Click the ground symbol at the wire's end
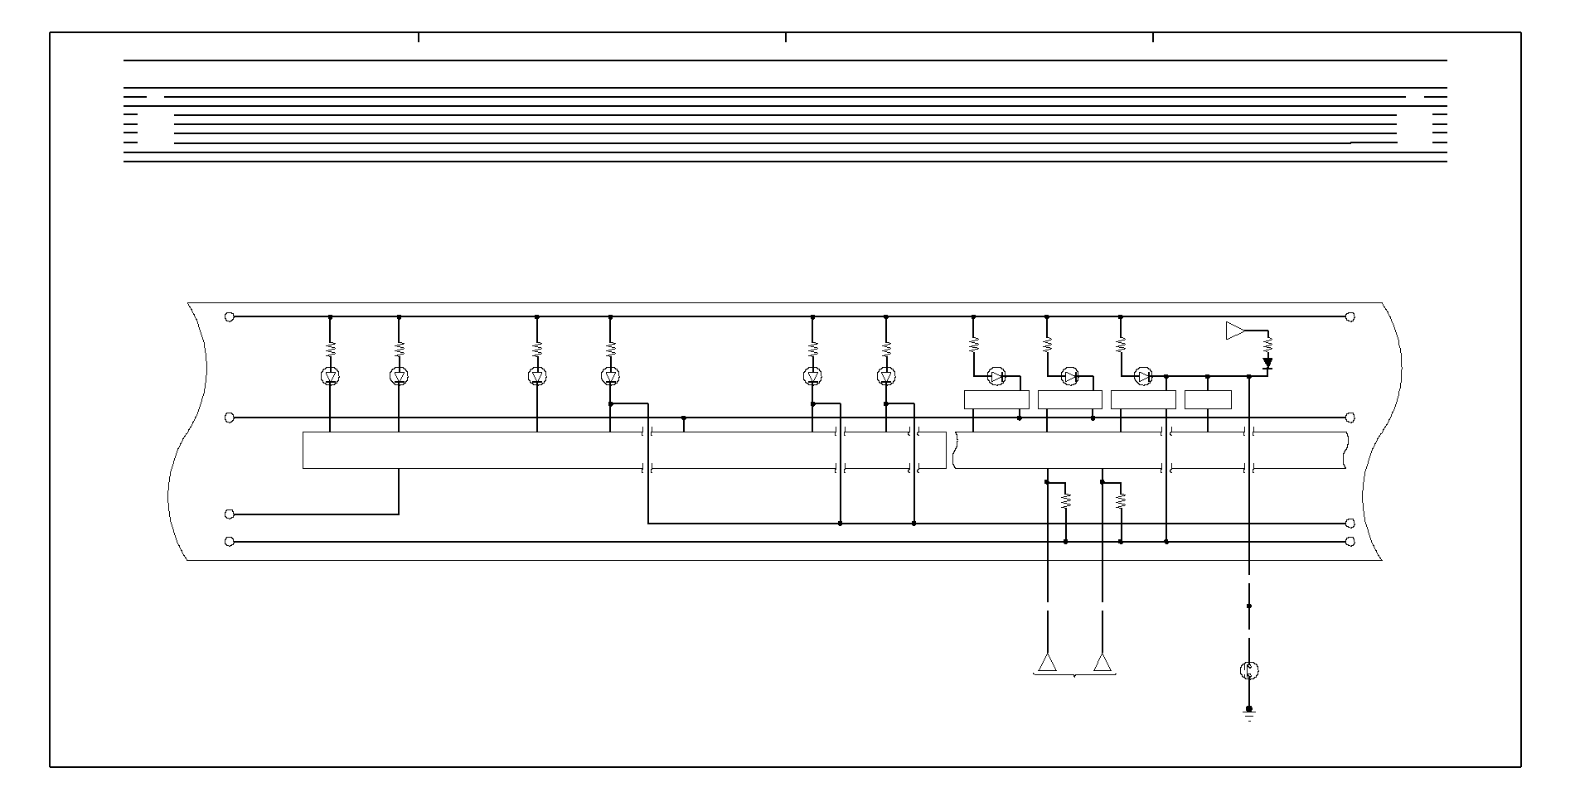[1249, 712]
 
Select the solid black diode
[1267, 363]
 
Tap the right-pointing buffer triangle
[1235, 331]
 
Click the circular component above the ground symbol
[1249, 670]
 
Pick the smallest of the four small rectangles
[1208, 399]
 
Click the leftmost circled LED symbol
[330, 377]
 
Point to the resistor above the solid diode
[1267, 341]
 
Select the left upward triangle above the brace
[1048, 663]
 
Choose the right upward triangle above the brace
[1102, 663]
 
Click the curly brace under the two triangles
[1075, 676]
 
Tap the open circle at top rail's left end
[230, 316]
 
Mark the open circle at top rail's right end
[1350, 316]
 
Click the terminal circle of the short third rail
[230, 514]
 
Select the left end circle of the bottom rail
[230, 542]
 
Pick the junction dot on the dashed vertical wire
[1249, 606]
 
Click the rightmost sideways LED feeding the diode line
[1144, 377]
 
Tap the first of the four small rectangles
[996, 399]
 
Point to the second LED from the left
[399, 377]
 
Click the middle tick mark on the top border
[786, 37]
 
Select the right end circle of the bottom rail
[1350, 542]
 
